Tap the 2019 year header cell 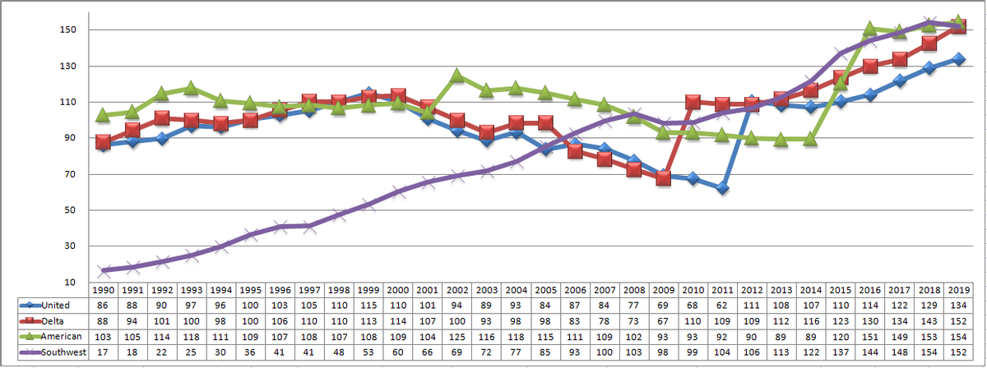pos(957,290)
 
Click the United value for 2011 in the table pos(722,306)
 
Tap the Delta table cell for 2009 pos(663,320)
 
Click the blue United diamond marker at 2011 pos(722,188)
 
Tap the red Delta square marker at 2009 pos(663,179)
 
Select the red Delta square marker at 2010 pos(693,102)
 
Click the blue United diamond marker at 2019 pos(957,59)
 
